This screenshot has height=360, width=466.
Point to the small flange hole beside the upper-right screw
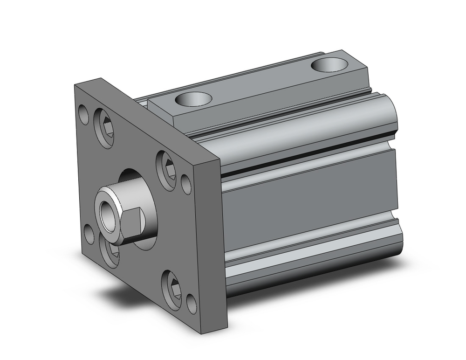coord(185,185)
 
